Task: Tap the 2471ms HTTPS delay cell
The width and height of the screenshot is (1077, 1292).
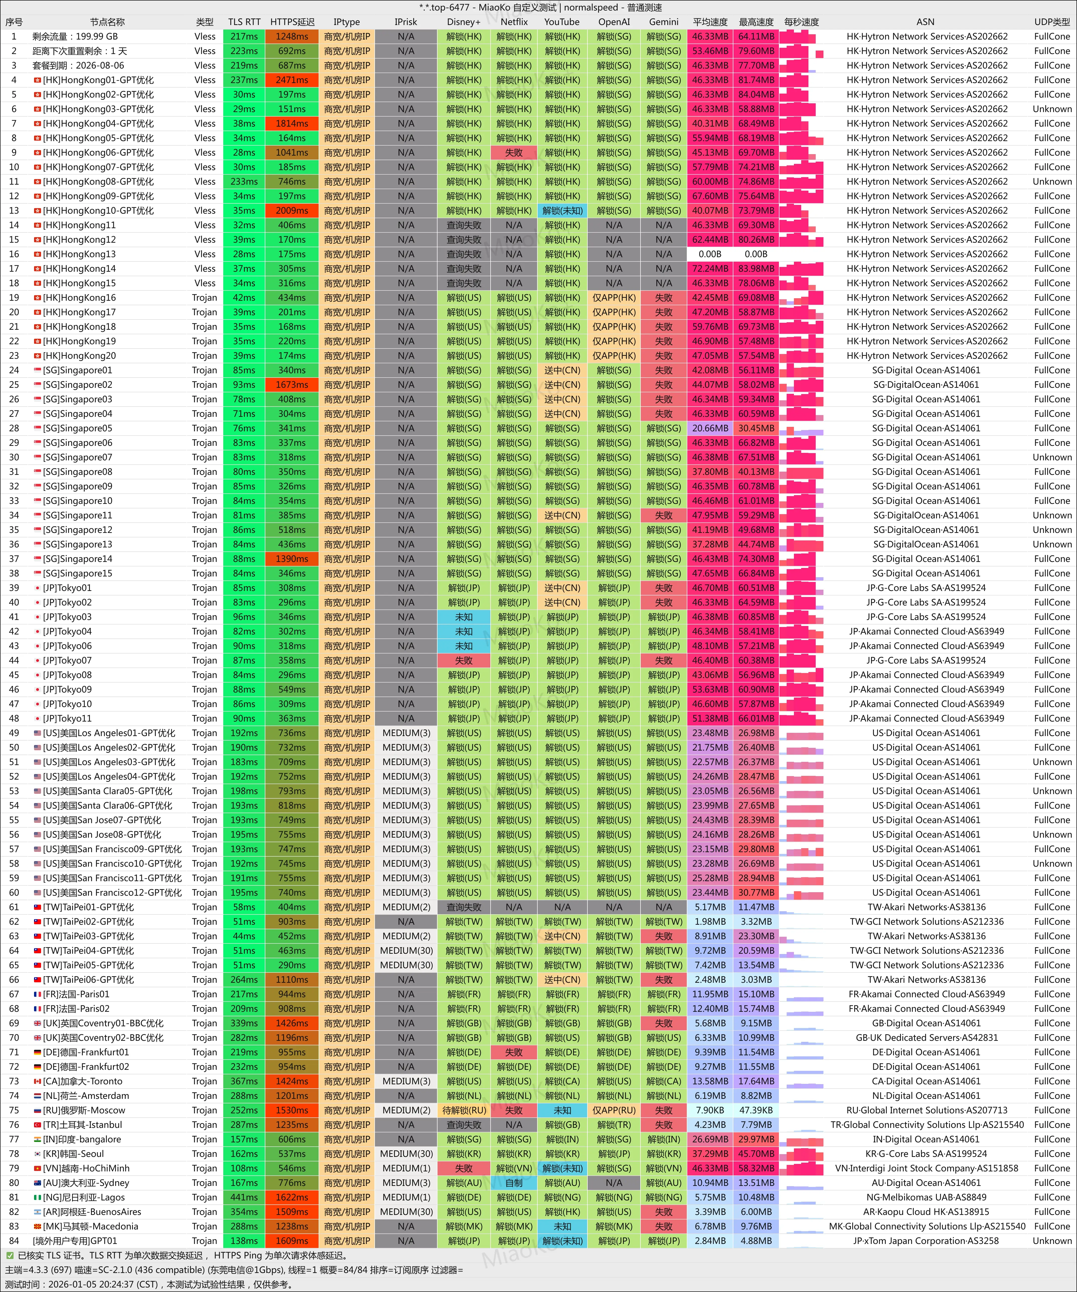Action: pos(292,80)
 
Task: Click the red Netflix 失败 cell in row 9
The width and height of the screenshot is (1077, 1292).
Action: pos(514,153)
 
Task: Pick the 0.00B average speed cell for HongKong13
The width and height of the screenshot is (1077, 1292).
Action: pos(710,254)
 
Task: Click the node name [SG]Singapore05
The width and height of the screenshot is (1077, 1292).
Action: pos(78,428)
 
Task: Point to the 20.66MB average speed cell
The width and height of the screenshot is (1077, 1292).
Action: pos(710,428)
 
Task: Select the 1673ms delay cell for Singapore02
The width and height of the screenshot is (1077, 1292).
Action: pos(292,385)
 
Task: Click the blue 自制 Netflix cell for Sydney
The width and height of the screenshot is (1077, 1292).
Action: pos(514,1182)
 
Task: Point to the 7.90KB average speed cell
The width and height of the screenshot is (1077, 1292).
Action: pos(710,1110)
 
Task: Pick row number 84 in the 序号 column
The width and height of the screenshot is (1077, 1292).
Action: pos(14,1241)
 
